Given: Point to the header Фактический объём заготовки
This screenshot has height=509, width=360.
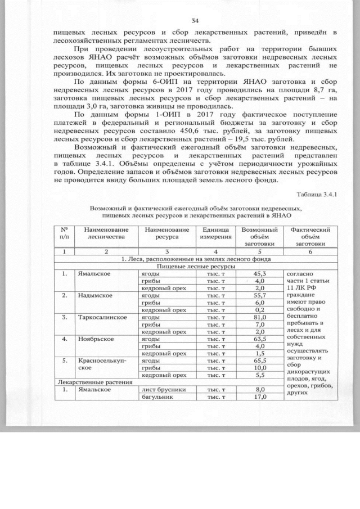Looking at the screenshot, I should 309,237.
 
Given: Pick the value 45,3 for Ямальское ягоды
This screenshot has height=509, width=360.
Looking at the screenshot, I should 259,273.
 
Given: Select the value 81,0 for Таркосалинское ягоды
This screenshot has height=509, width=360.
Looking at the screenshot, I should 259,317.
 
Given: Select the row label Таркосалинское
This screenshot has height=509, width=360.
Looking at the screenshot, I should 102,317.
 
